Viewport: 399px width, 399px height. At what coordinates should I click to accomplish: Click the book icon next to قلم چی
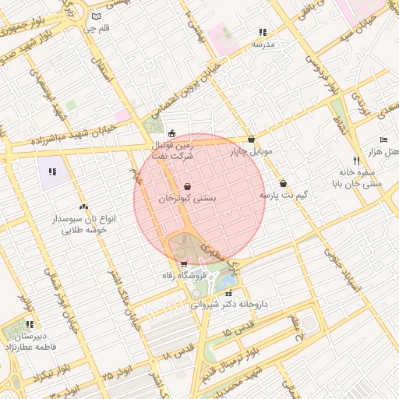click(96, 16)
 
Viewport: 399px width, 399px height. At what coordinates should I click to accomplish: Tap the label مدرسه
click(263, 45)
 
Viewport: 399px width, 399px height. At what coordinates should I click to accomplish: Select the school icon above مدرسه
click(263, 33)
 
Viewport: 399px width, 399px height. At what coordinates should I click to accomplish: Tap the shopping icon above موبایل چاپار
click(251, 139)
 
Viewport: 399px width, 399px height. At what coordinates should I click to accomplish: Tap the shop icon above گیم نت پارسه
click(283, 182)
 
